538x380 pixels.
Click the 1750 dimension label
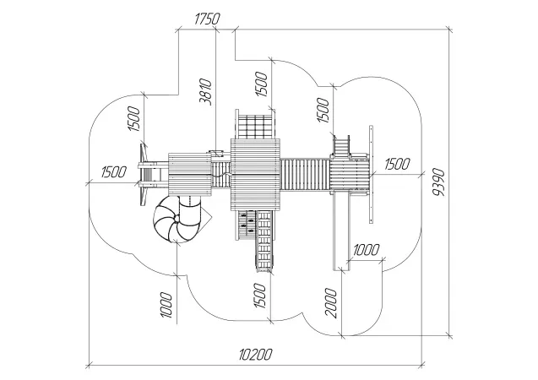tap(207, 19)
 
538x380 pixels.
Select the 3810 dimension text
tap(206, 91)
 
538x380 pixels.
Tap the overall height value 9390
tap(438, 182)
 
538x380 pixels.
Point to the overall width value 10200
tap(256, 355)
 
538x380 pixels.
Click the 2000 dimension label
tap(331, 303)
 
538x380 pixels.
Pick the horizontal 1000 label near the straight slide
tap(366, 250)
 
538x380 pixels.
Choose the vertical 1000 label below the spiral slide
tap(166, 305)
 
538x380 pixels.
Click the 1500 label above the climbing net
tap(261, 84)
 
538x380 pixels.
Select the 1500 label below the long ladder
tap(260, 296)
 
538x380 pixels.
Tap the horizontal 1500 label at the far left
tap(113, 171)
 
